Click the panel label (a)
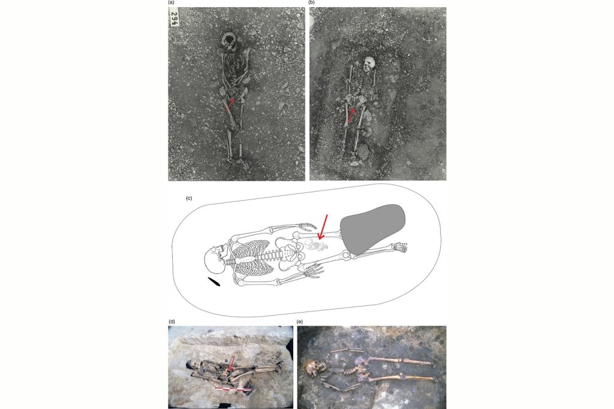(x=171, y=2)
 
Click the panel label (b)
(x=312, y=2)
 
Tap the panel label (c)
(x=189, y=198)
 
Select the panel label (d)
(x=171, y=322)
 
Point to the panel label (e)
(x=300, y=322)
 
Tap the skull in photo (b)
(x=369, y=63)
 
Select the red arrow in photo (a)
(x=230, y=104)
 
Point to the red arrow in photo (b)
(x=351, y=116)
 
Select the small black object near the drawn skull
(x=214, y=281)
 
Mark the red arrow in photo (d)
(x=232, y=363)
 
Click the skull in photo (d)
(x=191, y=366)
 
